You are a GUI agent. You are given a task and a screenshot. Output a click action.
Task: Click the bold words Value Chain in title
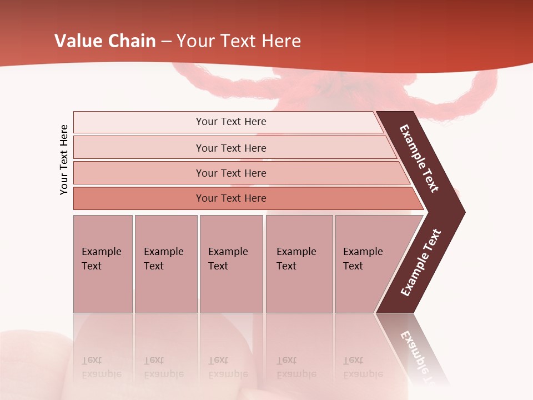click(x=105, y=41)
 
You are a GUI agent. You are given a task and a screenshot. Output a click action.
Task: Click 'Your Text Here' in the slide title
click(x=239, y=41)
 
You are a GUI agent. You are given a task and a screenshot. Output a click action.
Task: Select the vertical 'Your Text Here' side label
click(x=64, y=159)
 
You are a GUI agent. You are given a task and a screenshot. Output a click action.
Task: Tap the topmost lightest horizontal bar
click(x=230, y=122)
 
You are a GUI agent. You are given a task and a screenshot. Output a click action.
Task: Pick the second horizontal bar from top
click(x=230, y=148)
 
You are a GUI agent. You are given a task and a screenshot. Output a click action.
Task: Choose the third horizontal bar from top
click(x=230, y=173)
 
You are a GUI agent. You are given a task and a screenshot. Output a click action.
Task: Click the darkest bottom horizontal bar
click(x=230, y=198)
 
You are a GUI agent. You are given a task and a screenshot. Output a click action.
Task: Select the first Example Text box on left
click(x=103, y=263)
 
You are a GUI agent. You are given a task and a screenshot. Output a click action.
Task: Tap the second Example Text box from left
click(x=165, y=263)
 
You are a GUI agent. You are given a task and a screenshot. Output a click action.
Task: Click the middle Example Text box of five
click(x=231, y=263)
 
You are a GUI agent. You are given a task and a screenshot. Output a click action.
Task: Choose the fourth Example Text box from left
click(x=299, y=263)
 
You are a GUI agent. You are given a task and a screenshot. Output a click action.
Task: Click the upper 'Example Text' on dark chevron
click(x=419, y=158)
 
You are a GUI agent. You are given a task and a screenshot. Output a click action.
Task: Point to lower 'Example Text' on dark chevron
click(x=421, y=263)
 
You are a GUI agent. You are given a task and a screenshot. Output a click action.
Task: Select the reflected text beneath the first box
click(x=102, y=367)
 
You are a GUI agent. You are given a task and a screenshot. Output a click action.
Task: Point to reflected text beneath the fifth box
click(x=363, y=367)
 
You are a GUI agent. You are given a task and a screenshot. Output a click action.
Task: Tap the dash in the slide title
click(x=166, y=41)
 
